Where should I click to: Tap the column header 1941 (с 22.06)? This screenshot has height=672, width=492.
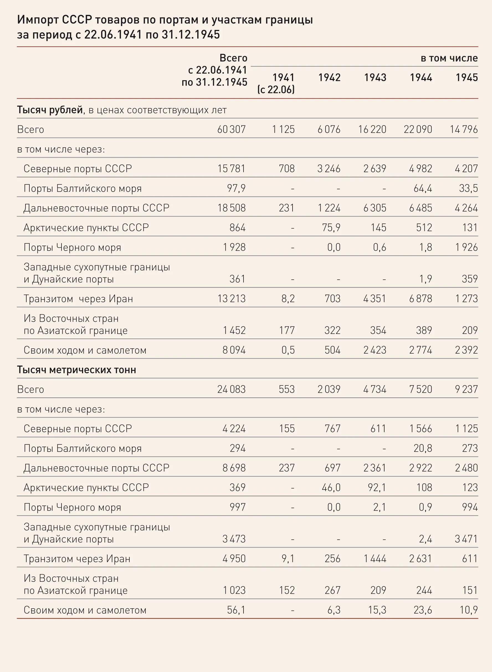pos(276,83)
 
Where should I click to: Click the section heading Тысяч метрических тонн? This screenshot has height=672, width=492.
pos(76,370)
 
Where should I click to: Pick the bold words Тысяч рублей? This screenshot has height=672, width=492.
pos(50,110)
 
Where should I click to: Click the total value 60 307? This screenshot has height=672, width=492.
pos(231,130)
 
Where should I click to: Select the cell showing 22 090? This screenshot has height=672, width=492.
pos(418,130)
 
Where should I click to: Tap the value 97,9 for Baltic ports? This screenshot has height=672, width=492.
pos(237,188)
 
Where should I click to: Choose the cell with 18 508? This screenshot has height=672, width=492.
pos(231,208)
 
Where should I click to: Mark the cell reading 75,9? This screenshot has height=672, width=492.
pos(331,228)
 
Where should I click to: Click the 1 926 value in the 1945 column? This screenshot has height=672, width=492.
pos(467,247)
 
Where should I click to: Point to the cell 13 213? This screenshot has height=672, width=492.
pos(231,298)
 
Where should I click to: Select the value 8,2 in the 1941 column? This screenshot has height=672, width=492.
pos(288,299)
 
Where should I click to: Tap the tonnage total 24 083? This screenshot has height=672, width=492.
pos(231,389)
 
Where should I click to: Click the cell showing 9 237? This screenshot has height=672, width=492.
pos(467,389)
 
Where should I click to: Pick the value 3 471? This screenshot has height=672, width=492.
pos(467,539)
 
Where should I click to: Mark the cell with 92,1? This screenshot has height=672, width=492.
pos(377,488)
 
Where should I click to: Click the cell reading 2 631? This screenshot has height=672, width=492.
pos(421,558)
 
